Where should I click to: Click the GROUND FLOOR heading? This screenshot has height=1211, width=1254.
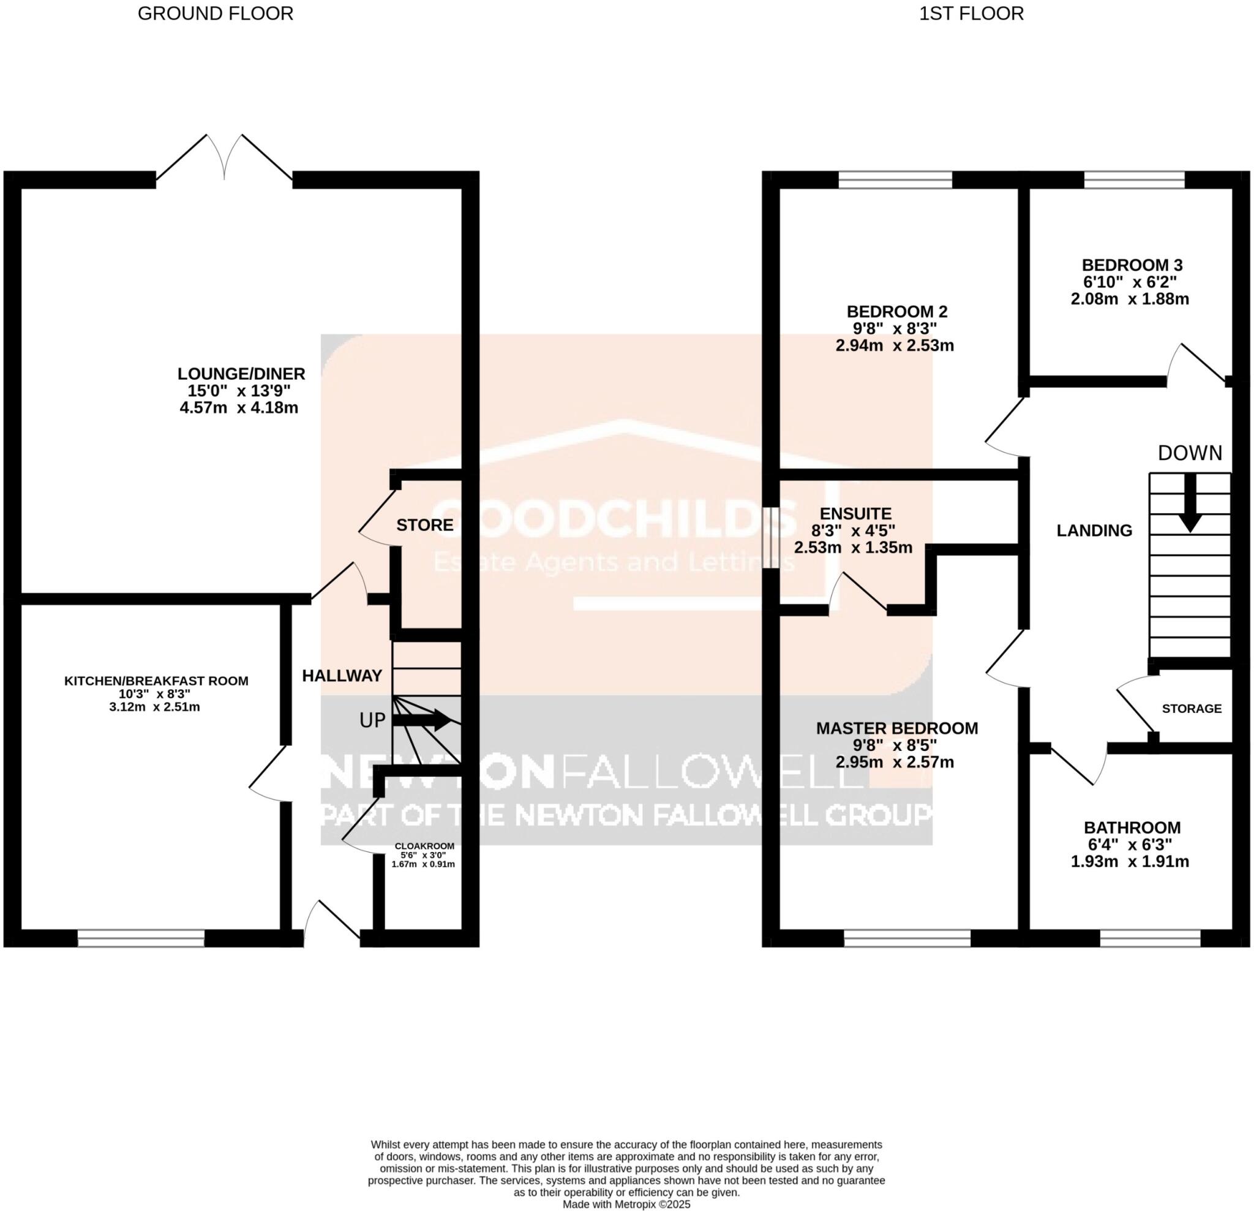(216, 13)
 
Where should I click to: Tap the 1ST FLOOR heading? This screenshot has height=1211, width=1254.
(971, 13)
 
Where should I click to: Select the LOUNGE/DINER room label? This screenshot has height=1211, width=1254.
(241, 374)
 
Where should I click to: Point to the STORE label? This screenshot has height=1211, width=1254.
(425, 526)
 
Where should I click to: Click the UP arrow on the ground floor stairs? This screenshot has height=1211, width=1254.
(423, 720)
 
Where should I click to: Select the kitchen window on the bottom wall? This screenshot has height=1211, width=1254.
(141, 939)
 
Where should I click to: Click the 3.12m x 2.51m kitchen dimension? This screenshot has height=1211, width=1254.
(156, 707)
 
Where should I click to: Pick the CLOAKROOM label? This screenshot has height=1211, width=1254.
(424, 846)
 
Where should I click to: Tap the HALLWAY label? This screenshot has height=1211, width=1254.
(342, 676)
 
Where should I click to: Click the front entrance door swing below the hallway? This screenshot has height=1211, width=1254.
(332, 922)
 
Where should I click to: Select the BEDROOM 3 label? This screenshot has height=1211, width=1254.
(1132, 265)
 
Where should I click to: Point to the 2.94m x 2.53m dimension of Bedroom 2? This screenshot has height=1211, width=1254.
(895, 345)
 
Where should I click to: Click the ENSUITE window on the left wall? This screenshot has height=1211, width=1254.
(771, 538)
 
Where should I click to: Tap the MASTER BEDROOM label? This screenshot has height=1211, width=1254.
(897, 728)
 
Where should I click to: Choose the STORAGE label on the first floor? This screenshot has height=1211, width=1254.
(1192, 709)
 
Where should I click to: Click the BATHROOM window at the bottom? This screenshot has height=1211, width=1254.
(1151, 939)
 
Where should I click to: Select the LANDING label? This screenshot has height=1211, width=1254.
(1094, 530)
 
